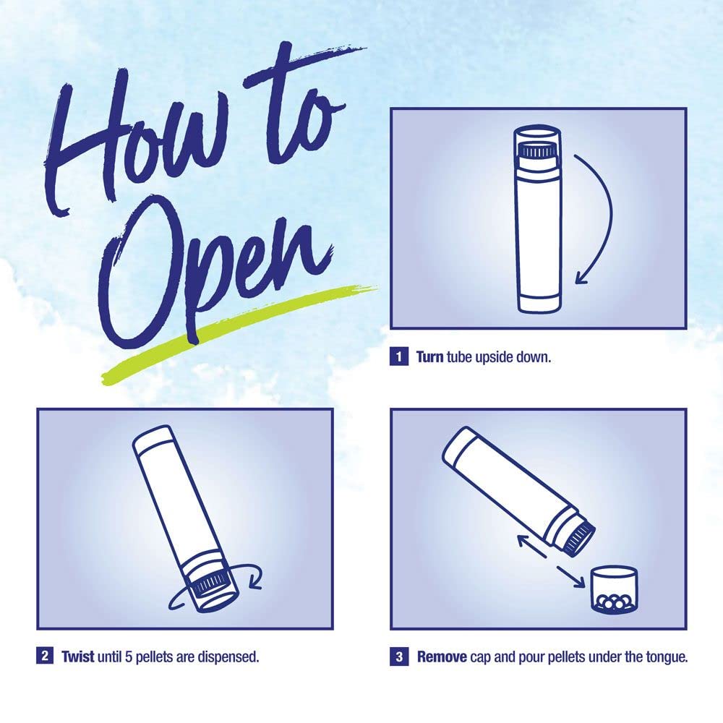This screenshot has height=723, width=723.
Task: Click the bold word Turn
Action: pyautogui.click(x=430, y=357)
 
